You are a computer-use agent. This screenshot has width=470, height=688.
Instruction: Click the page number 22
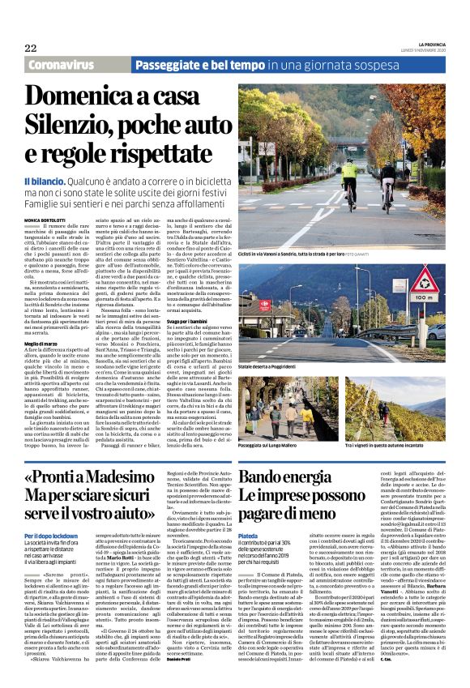(31, 48)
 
